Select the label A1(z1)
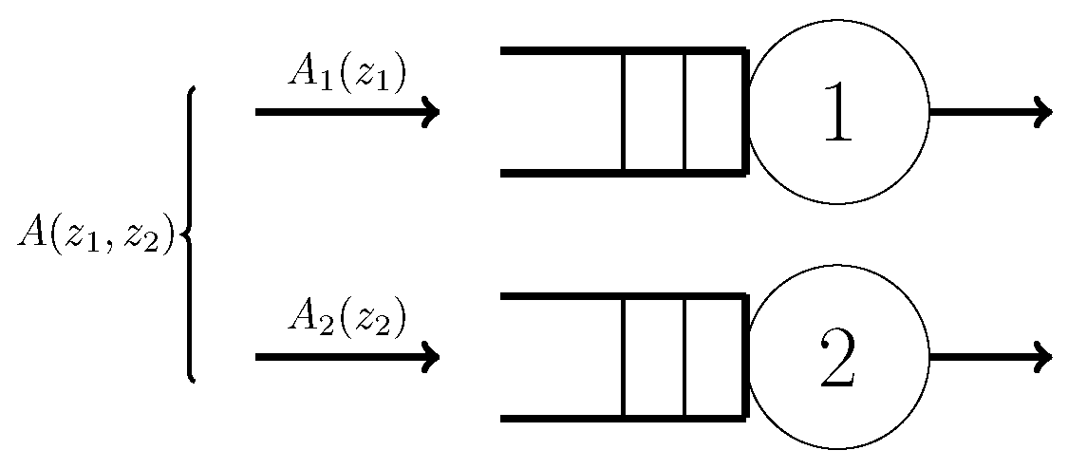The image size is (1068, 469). [x=347, y=76]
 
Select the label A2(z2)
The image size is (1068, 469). [x=347, y=320]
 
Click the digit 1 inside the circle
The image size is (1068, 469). [x=837, y=113]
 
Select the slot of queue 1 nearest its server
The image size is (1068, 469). [x=714, y=112]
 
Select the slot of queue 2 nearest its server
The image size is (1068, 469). [x=714, y=357]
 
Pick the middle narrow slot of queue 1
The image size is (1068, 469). [x=653, y=112]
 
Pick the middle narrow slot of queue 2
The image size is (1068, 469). [x=653, y=357]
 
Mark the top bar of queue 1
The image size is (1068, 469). [x=622, y=50]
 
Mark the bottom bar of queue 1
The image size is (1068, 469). [x=622, y=174]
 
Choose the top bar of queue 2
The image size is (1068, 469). [x=622, y=296]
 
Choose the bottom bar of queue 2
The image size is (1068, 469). [x=622, y=419]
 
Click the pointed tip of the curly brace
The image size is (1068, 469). [x=180, y=234]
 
